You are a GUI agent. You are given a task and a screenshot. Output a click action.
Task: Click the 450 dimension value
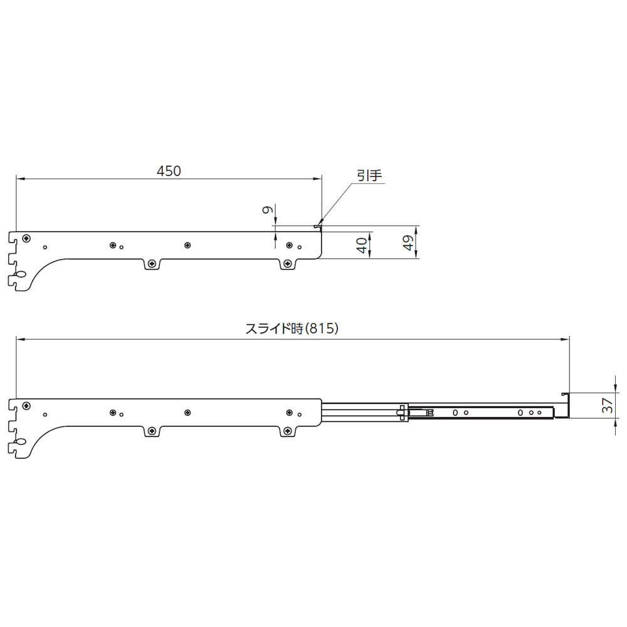pos(169,171)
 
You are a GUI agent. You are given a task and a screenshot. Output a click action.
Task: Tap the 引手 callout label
pos(369,176)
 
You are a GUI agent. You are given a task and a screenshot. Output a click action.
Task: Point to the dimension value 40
pos(362,245)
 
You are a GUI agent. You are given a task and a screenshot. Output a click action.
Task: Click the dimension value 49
pos(408,243)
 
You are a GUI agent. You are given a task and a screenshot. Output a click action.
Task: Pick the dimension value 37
pos(608,406)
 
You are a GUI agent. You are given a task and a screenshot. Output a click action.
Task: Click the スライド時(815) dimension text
pos(292,329)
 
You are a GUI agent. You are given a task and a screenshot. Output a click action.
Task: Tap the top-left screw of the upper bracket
pos(26,238)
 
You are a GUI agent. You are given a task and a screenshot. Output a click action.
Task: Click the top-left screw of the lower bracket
pos(26,406)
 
